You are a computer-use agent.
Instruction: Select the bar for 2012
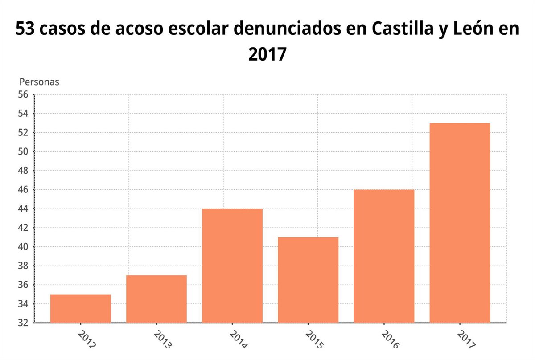(x=80, y=308)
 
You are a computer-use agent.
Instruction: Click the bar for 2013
(x=156, y=299)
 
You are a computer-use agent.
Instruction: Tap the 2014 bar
(x=232, y=266)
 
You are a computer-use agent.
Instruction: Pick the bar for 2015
(x=308, y=280)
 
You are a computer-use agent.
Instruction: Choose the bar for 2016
(x=384, y=256)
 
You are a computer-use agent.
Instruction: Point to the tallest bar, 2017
(x=460, y=223)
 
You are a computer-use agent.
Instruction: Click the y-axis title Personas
(x=39, y=82)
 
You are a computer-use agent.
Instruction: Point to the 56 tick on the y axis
(x=23, y=94)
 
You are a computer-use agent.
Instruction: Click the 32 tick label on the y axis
(x=23, y=323)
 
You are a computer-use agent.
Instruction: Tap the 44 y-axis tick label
(x=23, y=209)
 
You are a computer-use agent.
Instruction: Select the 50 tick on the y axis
(x=23, y=151)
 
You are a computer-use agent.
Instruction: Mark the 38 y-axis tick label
(x=23, y=266)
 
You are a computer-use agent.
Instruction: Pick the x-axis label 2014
(x=239, y=340)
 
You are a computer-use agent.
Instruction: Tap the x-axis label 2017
(x=466, y=340)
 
